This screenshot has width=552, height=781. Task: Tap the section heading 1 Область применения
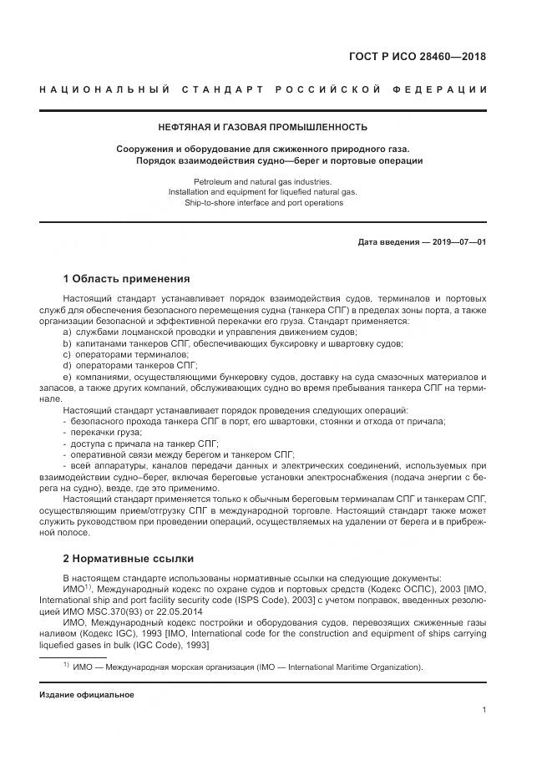point(126,278)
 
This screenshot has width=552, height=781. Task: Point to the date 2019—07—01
point(457,242)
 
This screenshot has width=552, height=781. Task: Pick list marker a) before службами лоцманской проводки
point(67,332)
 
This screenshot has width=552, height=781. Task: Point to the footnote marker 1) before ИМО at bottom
point(65,665)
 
